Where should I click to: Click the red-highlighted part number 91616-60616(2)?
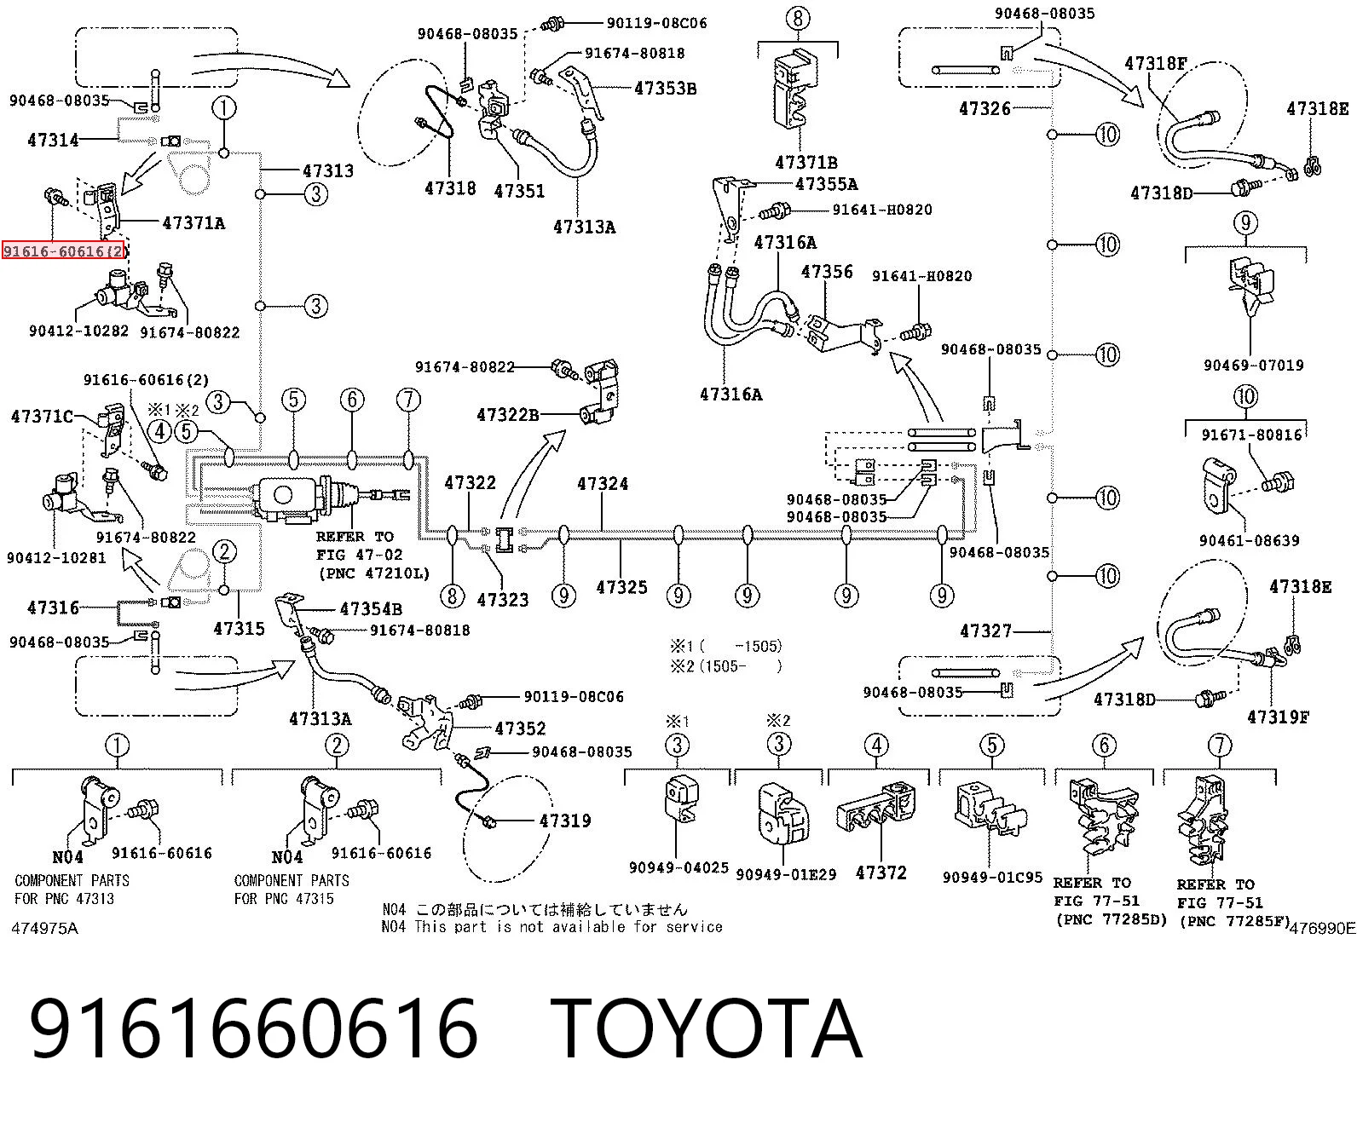click(63, 251)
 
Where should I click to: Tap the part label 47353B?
click(665, 89)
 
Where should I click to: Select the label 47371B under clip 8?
click(806, 162)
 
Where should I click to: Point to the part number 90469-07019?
click(1253, 366)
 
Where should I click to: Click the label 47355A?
click(826, 184)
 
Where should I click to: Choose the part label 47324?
click(603, 483)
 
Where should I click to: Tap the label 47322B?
click(507, 415)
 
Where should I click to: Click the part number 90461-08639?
click(1249, 540)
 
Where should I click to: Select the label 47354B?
click(371, 609)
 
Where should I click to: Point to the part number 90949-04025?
click(678, 867)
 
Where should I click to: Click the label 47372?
click(881, 872)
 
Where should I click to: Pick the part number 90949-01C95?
click(992, 878)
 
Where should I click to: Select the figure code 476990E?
click(1323, 928)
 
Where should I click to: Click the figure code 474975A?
click(45, 928)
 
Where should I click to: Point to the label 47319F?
click(1278, 717)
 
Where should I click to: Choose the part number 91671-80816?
click(1251, 435)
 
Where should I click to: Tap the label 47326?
click(985, 108)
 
